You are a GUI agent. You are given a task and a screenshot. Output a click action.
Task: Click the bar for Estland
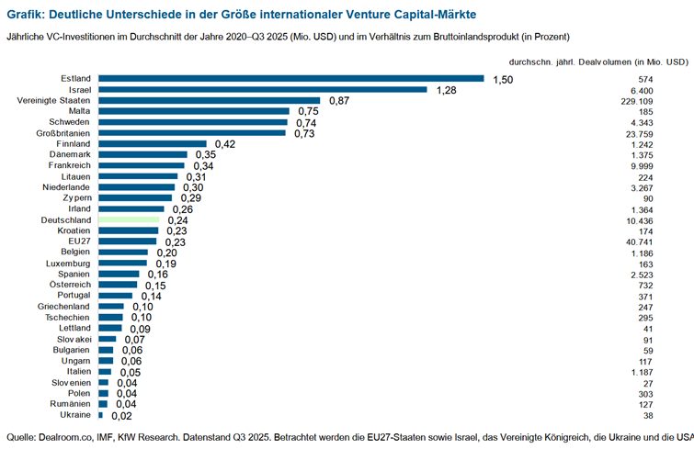coord(290,78)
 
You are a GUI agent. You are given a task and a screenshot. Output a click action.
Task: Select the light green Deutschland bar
coord(129,220)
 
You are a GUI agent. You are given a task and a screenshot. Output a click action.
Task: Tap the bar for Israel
coord(263,89)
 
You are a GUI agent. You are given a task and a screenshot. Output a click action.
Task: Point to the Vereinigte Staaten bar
coord(210,100)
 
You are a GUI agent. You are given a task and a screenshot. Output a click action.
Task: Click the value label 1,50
coord(503,79)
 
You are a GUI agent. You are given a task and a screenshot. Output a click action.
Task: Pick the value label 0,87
coord(339,100)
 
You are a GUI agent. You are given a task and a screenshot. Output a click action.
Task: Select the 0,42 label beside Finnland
coord(226,144)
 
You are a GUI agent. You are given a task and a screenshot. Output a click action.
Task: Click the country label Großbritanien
coord(63,133)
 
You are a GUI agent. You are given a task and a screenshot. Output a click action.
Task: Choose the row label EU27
coord(79,241)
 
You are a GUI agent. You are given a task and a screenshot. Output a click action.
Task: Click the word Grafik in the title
coord(28,17)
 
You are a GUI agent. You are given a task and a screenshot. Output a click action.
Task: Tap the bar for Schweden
coord(193,122)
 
